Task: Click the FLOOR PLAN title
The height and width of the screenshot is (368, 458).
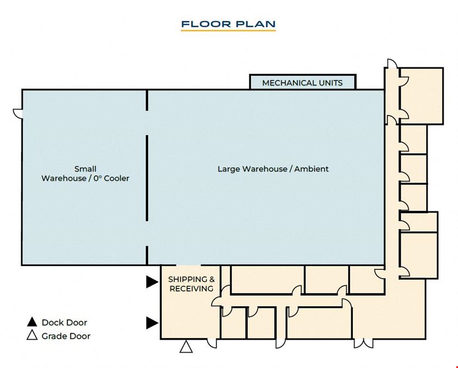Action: (228, 24)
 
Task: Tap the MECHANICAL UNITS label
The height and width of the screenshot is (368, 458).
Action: (302, 83)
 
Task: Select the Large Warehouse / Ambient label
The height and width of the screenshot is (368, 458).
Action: (273, 169)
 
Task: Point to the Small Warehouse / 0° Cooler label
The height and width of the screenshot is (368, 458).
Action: (86, 173)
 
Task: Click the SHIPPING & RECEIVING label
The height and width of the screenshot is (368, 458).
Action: (192, 284)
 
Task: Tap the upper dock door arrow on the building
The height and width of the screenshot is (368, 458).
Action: (152, 282)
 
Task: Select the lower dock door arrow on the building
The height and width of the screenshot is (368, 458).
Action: (152, 323)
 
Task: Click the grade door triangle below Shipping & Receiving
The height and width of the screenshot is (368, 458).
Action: (186, 347)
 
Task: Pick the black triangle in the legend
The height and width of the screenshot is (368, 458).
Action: (32, 322)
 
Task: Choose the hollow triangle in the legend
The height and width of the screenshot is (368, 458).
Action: (32, 335)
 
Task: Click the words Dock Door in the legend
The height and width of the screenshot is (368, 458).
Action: (65, 323)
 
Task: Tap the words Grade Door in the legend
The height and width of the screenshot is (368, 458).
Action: (66, 336)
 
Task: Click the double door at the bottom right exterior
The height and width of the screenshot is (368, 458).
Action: (363, 343)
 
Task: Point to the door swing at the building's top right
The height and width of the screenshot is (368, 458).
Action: (392, 63)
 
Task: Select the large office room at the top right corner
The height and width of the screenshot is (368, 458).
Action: (421, 96)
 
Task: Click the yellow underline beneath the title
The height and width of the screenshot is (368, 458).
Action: (228, 30)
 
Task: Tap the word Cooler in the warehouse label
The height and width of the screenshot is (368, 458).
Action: (117, 179)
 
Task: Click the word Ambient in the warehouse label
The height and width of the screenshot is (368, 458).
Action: (312, 169)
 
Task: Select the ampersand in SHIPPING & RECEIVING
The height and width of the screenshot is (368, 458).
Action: (212, 280)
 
